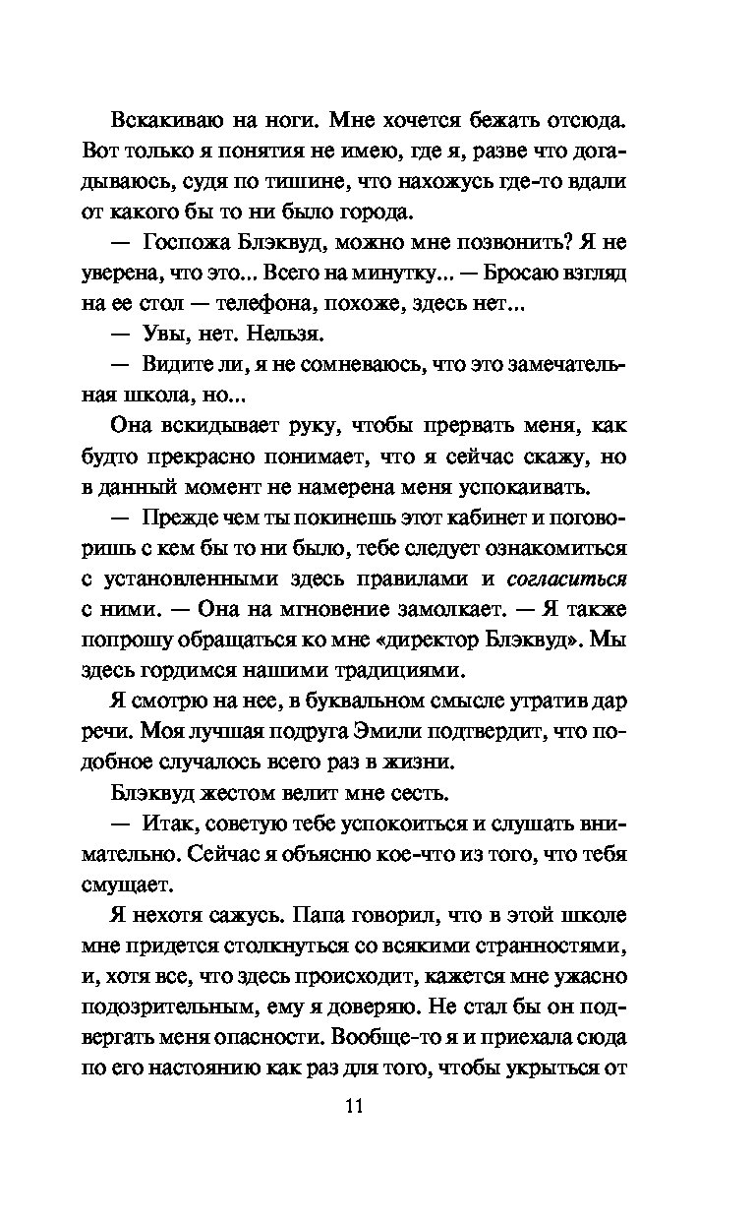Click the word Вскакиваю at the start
coord(164,121)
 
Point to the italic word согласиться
coord(567,579)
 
